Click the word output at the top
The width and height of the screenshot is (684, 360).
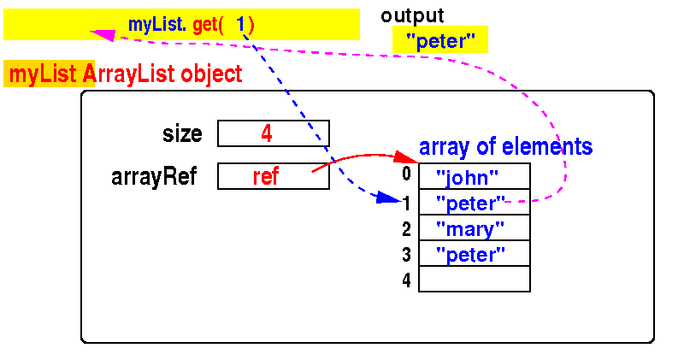pyautogui.click(x=412, y=15)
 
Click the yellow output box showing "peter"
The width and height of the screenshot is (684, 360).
pyautogui.click(x=439, y=40)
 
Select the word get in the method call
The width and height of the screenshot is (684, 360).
pyautogui.click(x=207, y=25)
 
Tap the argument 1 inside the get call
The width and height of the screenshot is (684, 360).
pyautogui.click(x=241, y=25)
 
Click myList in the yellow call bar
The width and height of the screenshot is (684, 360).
pyautogui.click(x=156, y=25)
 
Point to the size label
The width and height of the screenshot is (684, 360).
pyautogui.click(x=182, y=134)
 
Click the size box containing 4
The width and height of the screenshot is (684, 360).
pyautogui.click(x=274, y=134)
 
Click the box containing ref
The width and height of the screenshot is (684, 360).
pyautogui.click(x=274, y=176)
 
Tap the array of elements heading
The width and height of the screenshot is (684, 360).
pyautogui.click(x=505, y=147)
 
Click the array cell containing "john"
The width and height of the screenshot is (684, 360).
pyautogui.click(x=475, y=177)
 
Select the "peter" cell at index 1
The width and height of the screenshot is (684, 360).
pyautogui.click(x=475, y=203)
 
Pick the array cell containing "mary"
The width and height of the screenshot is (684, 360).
pyautogui.click(x=475, y=228)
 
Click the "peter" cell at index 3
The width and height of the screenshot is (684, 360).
pyautogui.click(x=475, y=254)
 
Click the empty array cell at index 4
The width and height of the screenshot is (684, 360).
pyautogui.click(x=475, y=280)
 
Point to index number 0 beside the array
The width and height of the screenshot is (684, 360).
pyautogui.click(x=407, y=174)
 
